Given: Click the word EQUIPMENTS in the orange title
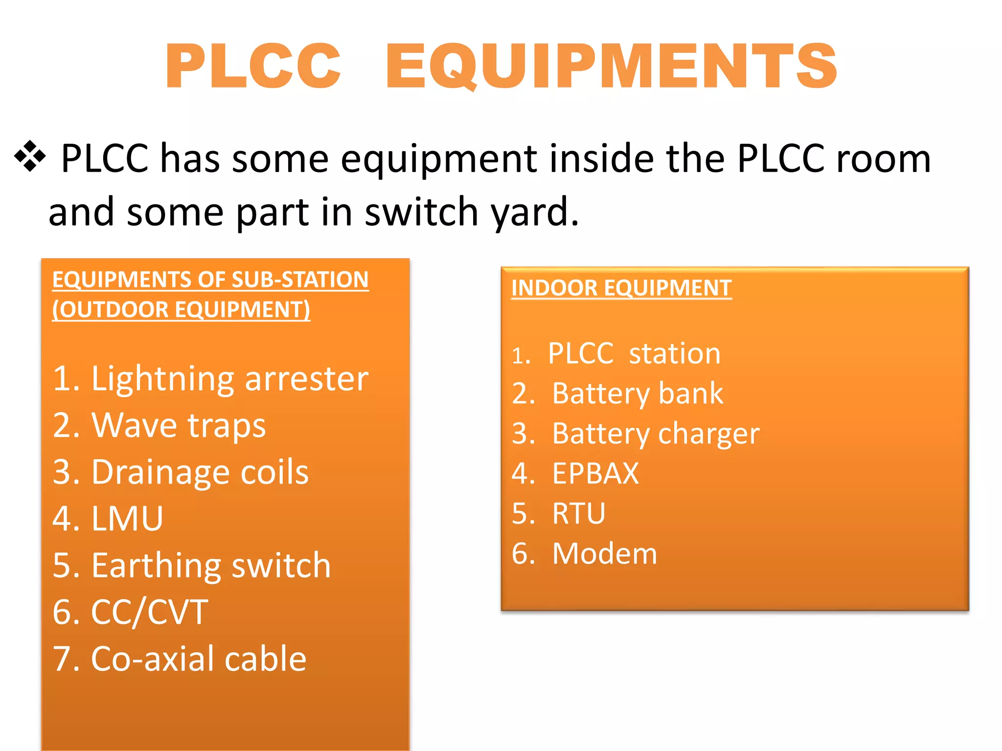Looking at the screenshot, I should pos(612,66).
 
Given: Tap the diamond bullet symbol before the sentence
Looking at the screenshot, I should pos(30,156).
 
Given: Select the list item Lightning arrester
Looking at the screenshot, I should pos(210,379).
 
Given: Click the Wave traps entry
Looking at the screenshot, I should pos(159,425).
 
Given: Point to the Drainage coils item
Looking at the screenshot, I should pos(181,472).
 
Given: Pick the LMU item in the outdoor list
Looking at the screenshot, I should pos(108,519).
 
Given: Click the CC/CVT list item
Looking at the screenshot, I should pos(130,612).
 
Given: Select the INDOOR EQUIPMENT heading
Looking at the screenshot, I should pos(621,288).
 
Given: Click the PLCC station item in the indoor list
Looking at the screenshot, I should pos(616,353).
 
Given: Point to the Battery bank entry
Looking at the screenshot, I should pos(617,394).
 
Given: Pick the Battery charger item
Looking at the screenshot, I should pos(636,434).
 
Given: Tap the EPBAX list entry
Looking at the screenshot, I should pos(575,473).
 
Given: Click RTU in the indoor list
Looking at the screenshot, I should pos(559,513).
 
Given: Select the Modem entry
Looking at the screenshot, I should pos(585,553).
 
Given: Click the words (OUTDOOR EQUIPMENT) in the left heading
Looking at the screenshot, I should pos(181,309).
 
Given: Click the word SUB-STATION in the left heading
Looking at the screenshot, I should pos(300,280).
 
